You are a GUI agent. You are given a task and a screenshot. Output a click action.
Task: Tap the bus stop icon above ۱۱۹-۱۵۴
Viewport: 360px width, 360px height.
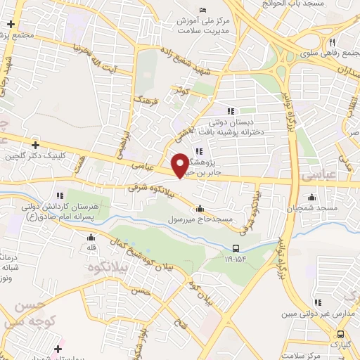pos(237,247)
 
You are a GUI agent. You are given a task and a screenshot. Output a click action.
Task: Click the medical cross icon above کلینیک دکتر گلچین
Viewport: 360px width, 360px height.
pos(34,144)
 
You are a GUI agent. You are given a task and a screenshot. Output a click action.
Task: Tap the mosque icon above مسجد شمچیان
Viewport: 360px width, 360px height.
pos(311,197)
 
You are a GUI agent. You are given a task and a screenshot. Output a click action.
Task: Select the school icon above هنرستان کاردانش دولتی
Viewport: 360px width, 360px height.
pos(60,195)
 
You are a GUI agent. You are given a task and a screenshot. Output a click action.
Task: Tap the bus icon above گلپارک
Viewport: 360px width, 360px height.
pos(340,334)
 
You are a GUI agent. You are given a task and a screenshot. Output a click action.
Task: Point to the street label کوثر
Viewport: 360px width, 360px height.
pos(180,91)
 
